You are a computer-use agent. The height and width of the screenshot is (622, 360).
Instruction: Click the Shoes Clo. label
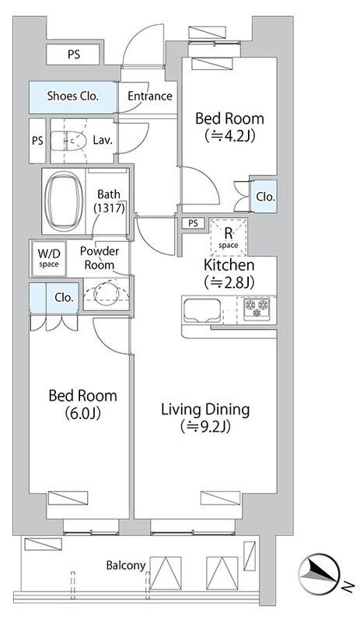click(x=73, y=96)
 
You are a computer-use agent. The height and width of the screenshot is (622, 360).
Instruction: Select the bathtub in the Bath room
click(x=64, y=201)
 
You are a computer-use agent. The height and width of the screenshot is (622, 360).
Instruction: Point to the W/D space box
click(x=49, y=259)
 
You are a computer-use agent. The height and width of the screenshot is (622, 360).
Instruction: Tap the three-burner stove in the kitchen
click(x=256, y=307)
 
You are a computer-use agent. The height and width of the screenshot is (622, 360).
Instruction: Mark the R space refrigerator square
click(x=228, y=237)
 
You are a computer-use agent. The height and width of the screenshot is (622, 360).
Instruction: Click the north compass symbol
click(x=319, y=572)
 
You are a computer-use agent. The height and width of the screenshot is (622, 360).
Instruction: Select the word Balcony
click(x=126, y=565)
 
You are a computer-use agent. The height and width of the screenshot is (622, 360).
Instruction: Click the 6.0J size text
click(x=82, y=414)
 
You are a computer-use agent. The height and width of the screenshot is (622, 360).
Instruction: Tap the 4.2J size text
click(x=230, y=136)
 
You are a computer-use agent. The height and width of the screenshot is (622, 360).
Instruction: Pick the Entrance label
click(x=150, y=96)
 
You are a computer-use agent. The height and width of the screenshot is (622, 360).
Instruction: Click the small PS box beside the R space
click(x=194, y=223)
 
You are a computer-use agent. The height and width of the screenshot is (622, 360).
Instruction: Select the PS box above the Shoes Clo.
click(x=73, y=54)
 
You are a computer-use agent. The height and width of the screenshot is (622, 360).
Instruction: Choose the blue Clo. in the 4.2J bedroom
click(x=264, y=197)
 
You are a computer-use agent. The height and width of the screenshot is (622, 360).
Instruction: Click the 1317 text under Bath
click(x=110, y=208)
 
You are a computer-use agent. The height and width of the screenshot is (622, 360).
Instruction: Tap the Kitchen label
click(x=229, y=264)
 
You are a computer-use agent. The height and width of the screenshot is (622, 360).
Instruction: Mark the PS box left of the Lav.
click(x=37, y=141)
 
